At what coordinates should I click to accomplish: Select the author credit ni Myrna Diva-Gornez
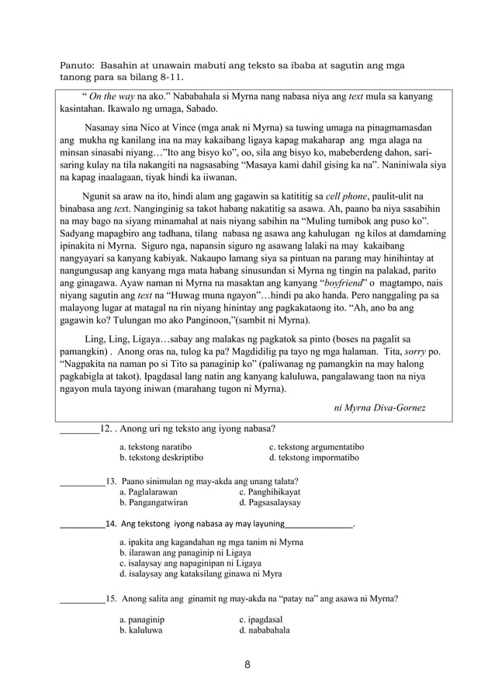(x=379, y=407)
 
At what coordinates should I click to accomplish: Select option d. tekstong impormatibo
(x=313, y=458)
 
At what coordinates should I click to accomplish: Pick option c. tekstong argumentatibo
(x=317, y=447)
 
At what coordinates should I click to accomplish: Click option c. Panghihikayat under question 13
(x=270, y=492)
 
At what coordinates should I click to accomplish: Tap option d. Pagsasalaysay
(x=271, y=503)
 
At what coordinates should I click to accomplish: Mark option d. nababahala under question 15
(x=265, y=631)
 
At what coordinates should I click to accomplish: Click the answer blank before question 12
(x=79, y=428)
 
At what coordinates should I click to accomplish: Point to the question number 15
(x=112, y=598)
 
